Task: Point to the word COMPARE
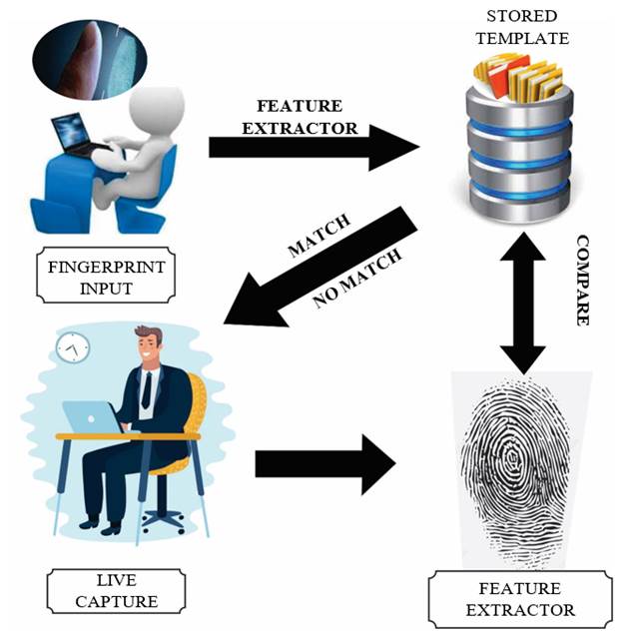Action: tap(583, 281)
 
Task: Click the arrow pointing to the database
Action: tap(315, 148)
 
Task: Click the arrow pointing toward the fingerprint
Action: tap(325, 461)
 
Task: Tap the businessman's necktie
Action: tap(147, 388)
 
